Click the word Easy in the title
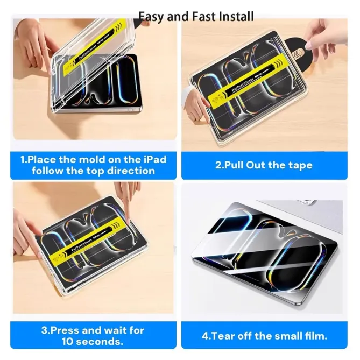[150, 17]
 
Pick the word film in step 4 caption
[316, 336]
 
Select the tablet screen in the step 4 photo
[258, 253]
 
